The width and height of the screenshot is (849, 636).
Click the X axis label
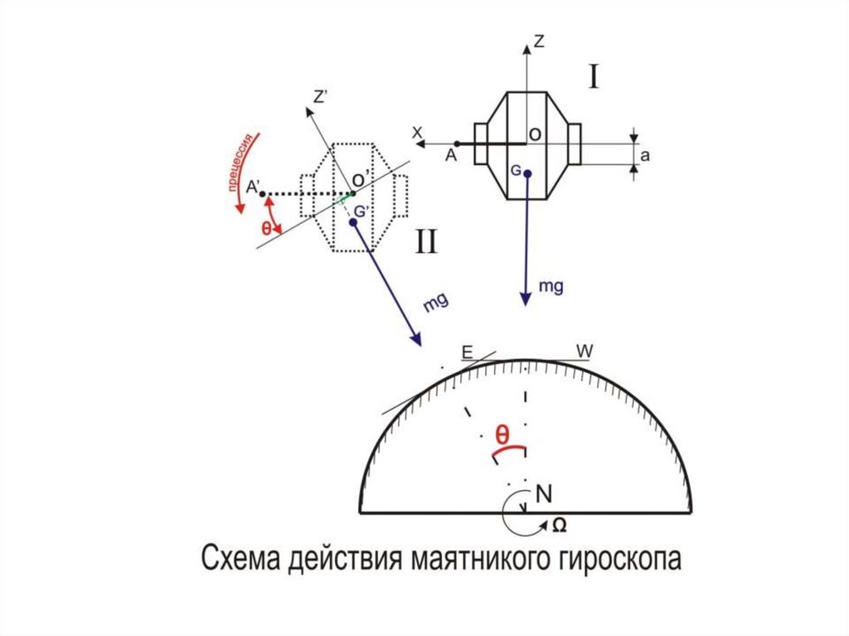[418, 132]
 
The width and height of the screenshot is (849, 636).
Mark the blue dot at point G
[527, 173]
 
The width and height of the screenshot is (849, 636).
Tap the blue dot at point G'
[353, 223]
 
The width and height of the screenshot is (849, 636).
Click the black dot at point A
[457, 143]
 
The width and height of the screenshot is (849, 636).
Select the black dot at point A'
[262, 195]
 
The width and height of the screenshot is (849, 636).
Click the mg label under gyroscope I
[551, 286]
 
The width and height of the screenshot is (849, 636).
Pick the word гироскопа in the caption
[606, 560]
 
